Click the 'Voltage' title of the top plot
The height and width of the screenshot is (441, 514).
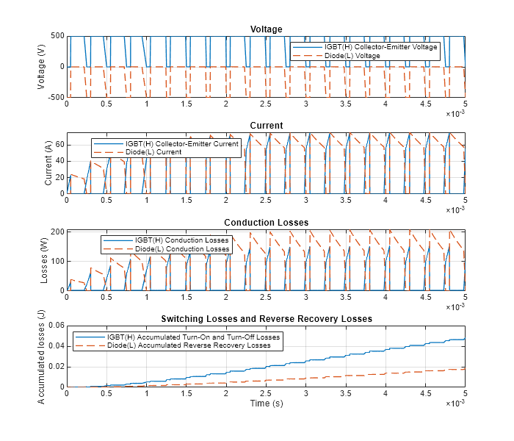[266, 29]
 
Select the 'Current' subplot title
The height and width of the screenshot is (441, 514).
[266, 126]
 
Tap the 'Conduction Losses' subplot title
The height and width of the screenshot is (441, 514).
[266, 223]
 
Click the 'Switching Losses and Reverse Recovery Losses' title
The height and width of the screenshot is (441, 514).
[266, 319]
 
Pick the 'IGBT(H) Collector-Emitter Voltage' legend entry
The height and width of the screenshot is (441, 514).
[381, 47]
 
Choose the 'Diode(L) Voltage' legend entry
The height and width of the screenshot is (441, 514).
[353, 56]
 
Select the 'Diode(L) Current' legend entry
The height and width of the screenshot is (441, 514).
[153, 152]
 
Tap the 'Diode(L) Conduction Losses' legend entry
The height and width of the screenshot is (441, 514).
[180, 249]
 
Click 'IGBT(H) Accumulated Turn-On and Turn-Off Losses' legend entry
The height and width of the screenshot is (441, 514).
[193, 337]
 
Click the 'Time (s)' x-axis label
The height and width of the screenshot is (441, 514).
[266, 404]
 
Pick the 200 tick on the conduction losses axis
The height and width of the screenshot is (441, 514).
[57, 232]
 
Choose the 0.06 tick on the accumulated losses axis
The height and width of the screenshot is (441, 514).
[55, 326]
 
